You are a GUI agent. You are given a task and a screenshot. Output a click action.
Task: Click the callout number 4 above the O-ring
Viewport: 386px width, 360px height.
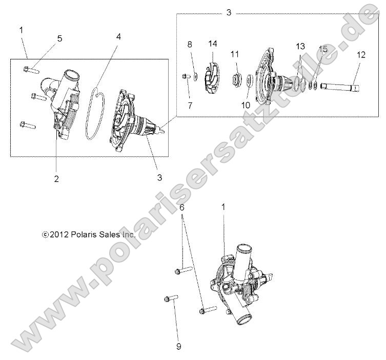pyautogui.click(x=118, y=37)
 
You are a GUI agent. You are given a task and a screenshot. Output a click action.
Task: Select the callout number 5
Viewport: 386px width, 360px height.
pyautogui.click(x=59, y=38)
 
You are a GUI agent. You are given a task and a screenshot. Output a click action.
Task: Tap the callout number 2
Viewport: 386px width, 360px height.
pyautogui.click(x=56, y=178)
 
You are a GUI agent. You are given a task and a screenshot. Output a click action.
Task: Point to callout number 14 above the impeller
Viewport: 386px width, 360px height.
pyautogui.click(x=213, y=44)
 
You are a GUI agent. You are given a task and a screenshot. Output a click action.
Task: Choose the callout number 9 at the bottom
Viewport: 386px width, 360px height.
pyautogui.click(x=179, y=347)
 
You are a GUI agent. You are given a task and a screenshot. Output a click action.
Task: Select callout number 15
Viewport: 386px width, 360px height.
pyautogui.click(x=322, y=49)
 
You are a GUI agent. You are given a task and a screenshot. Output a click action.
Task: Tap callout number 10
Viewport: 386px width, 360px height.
pyautogui.click(x=246, y=104)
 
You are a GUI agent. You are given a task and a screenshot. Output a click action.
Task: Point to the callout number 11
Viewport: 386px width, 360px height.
pyautogui.click(x=235, y=54)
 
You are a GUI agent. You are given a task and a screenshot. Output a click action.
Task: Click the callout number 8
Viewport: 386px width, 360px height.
pyautogui.click(x=190, y=44)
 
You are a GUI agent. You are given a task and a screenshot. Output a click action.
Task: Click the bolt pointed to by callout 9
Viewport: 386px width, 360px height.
pyautogui.click(x=169, y=298)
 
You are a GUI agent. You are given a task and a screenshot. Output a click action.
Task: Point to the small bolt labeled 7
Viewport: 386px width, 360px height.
pyautogui.click(x=186, y=77)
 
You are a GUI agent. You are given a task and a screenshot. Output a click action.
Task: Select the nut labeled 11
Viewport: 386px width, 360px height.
pyautogui.click(x=236, y=78)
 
